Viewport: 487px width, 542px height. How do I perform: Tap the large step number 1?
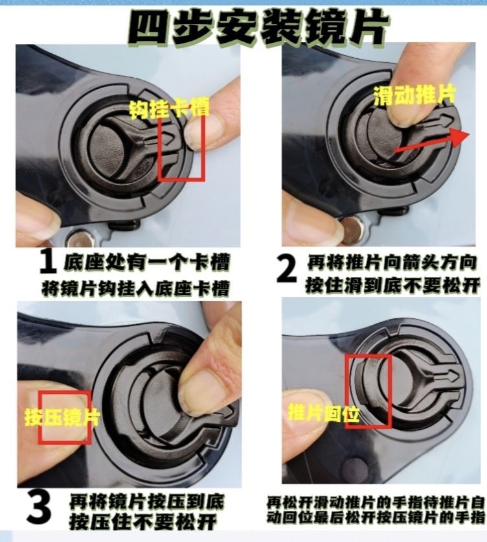[48, 263]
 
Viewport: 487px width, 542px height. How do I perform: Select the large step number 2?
[287, 268]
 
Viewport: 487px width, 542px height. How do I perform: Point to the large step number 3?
[39, 509]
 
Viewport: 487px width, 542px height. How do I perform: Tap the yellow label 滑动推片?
[415, 95]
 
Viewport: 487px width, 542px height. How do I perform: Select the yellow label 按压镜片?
[62, 418]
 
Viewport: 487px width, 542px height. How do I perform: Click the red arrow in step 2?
[432, 142]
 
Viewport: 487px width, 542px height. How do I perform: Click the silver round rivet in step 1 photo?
[81, 239]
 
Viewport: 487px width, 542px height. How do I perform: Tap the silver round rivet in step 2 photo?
[352, 230]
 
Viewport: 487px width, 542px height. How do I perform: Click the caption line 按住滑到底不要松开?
[392, 285]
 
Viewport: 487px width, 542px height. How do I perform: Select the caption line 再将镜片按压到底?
[147, 502]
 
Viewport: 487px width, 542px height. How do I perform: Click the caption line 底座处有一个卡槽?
[146, 263]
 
